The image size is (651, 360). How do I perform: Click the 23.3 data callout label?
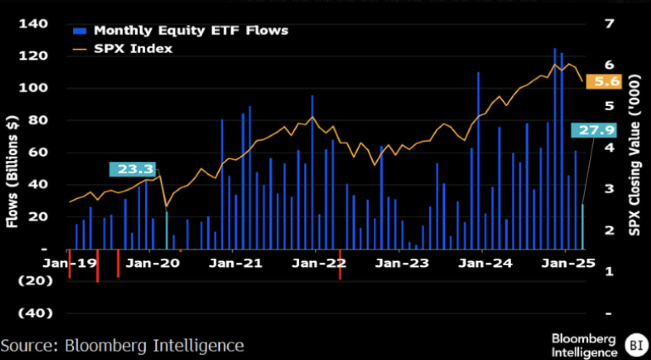coord(132,170)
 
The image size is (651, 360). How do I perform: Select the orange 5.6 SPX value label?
coord(603,82)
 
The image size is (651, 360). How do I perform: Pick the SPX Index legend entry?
coord(133,48)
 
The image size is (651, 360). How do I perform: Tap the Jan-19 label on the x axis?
coord(70,264)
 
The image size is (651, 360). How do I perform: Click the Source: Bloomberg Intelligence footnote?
coord(122,346)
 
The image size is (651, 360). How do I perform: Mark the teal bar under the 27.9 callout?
coord(582,226)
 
